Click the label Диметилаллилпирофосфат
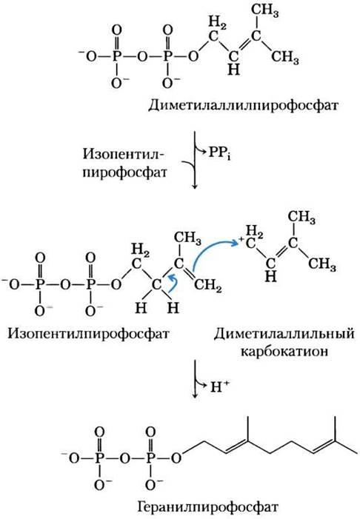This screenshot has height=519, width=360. pyautogui.click(x=243, y=106)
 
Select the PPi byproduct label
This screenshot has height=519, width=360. pyautogui.click(x=219, y=153)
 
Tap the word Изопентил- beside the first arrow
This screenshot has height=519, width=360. pyautogui.click(x=124, y=154)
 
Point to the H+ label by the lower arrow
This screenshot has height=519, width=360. pyautogui.click(x=219, y=386)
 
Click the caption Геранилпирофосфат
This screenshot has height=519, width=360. pyautogui.click(x=208, y=506)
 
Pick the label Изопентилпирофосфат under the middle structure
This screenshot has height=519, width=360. pyautogui.click(x=88, y=333)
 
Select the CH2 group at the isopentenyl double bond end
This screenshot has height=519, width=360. pyautogui.click(x=207, y=286)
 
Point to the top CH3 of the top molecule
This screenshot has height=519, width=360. pyautogui.click(x=264, y=11)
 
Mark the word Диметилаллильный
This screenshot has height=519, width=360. pyautogui.click(x=284, y=334)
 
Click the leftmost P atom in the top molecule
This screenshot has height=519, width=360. pyautogui.click(x=116, y=56)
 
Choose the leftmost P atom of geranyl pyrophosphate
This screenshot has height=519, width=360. pyautogui.click(x=99, y=458)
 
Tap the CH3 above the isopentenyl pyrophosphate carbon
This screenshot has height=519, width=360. pyautogui.click(x=187, y=238)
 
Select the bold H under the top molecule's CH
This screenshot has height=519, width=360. pyautogui.click(x=234, y=70)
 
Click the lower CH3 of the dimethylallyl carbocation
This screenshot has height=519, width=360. pyautogui.click(x=322, y=264)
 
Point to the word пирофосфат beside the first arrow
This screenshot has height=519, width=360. pyautogui.click(x=125, y=173)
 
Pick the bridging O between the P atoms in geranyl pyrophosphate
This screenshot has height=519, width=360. pyautogui.click(x=124, y=458)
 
